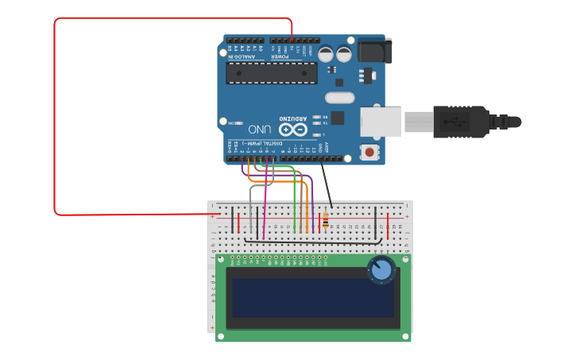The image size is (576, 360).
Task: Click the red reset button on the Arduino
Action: [369, 151]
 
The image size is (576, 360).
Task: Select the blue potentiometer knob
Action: [381, 270]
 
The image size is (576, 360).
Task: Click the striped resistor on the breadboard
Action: [326, 220]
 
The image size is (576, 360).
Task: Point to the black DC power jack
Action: [374, 51]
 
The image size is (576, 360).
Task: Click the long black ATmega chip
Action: [271, 73]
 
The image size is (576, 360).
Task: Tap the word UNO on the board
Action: [260, 129]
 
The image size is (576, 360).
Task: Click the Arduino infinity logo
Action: [292, 129]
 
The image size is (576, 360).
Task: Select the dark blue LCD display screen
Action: [313, 296]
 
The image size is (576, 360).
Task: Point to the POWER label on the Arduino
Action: [282, 56]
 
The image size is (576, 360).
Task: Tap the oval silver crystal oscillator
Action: [339, 98]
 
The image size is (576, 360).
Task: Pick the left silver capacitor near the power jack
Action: [326, 54]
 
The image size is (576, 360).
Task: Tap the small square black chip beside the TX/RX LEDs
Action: [338, 118]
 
